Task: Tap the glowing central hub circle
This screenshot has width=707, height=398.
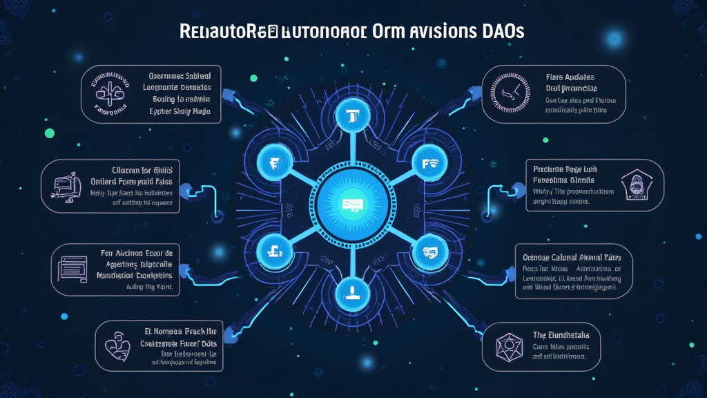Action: click(353, 202)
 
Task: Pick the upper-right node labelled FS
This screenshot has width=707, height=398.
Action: click(425, 163)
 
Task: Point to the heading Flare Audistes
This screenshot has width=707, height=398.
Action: click(570, 77)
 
